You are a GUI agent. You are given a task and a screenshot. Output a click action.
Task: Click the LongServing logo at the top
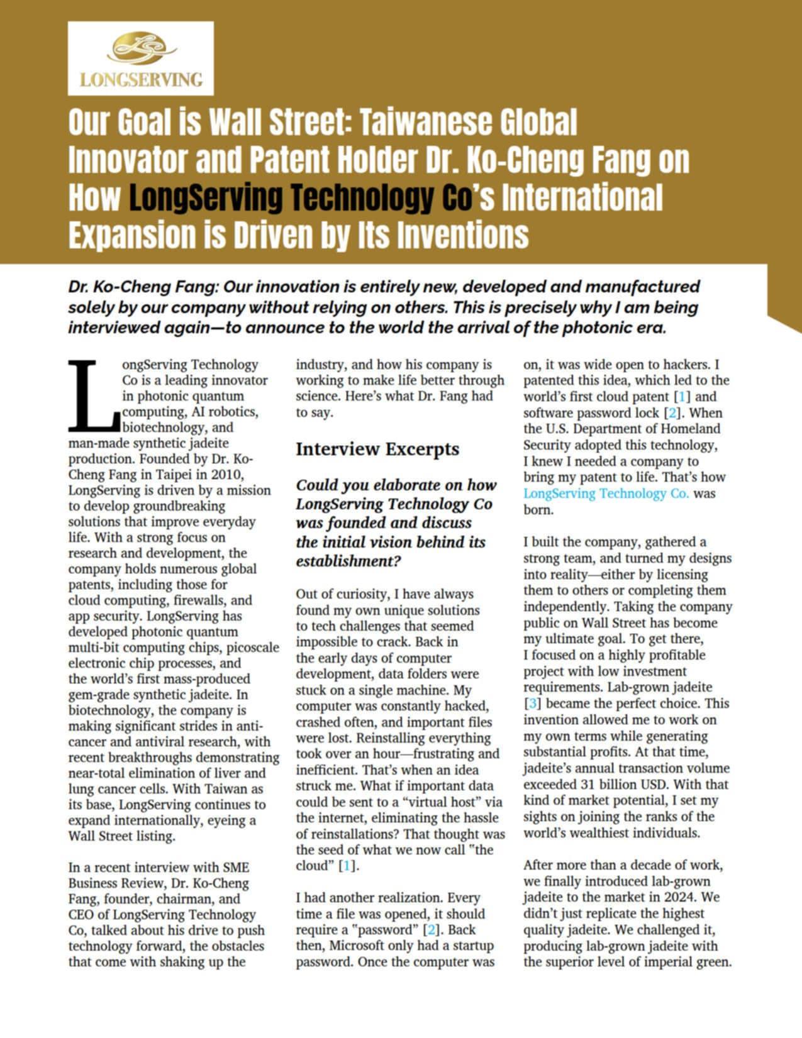[x=140, y=58]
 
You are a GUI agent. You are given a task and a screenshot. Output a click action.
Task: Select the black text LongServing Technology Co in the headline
[x=300, y=197]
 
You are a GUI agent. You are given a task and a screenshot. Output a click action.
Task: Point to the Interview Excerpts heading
[x=377, y=449]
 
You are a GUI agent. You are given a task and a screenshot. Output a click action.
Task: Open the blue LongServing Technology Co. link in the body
[x=606, y=494]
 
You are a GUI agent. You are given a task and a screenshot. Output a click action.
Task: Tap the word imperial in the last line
[x=666, y=962]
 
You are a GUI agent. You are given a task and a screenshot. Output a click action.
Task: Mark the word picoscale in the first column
[x=253, y=648]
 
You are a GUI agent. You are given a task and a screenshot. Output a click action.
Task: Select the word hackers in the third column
[x=689, y=365]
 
